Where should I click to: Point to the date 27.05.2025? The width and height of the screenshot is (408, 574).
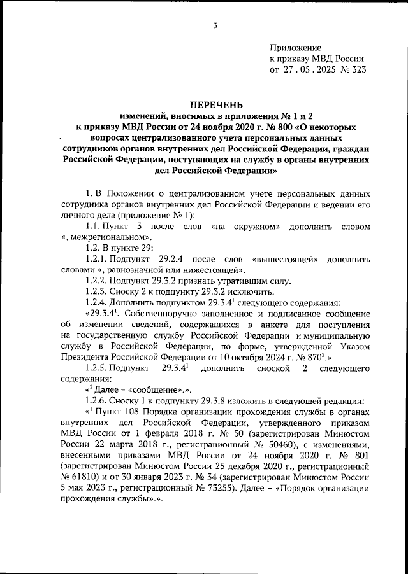click(305, 70)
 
